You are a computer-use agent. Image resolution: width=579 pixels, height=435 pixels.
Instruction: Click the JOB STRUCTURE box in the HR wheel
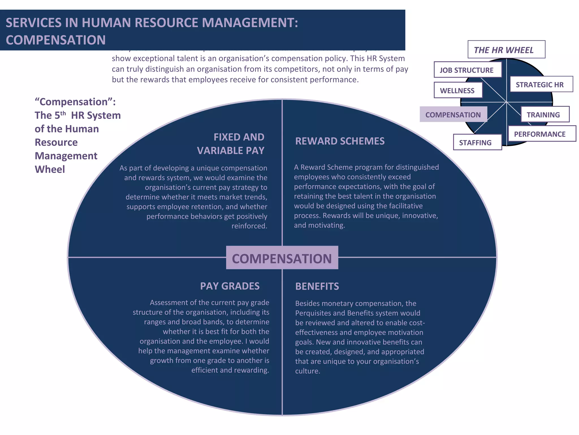[468, 70]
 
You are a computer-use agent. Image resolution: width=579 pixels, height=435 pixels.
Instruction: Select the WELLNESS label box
[458, 90]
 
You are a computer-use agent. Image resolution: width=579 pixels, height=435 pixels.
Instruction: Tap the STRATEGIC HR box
[541, 84]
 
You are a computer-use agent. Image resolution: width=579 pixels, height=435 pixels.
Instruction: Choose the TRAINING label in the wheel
[545, 114]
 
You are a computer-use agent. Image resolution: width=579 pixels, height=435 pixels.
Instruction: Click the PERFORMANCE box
[541, 134]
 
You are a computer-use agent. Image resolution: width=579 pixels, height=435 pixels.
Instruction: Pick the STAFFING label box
[477, 142]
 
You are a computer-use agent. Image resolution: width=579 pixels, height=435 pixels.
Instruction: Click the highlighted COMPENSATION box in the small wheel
[453, 114]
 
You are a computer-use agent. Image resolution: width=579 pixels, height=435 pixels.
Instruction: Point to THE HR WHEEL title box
[506, 50]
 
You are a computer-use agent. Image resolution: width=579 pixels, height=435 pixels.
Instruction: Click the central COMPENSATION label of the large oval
[282, 258]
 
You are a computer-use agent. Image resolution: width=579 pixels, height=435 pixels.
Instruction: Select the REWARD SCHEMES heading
[340, 141]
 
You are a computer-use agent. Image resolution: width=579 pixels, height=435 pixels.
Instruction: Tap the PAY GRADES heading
[230, 286]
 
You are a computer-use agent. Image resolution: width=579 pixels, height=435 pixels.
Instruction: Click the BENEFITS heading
[317, 286]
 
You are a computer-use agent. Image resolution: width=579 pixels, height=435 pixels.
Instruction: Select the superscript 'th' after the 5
[63, 113]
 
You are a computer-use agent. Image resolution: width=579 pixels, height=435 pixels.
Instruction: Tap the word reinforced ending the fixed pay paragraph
[249, 226]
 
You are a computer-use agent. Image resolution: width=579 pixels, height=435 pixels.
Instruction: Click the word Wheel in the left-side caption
[50, 169]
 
